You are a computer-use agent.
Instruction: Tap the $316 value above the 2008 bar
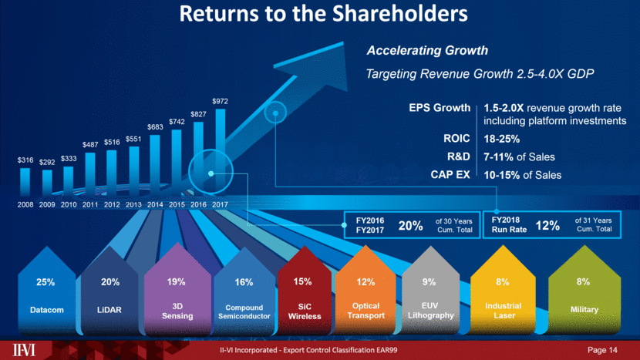[x=25, y=160]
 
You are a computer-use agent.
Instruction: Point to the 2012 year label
[x=112, y=204]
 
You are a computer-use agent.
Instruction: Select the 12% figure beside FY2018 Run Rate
[x=547, y=225]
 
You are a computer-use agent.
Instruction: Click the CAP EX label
[x=450, y=175]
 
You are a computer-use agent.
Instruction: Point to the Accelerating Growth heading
[x=426, y=51]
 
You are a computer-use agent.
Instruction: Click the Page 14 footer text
[x=603, y=351]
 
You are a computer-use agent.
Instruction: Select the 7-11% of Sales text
[x=519, y=157]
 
